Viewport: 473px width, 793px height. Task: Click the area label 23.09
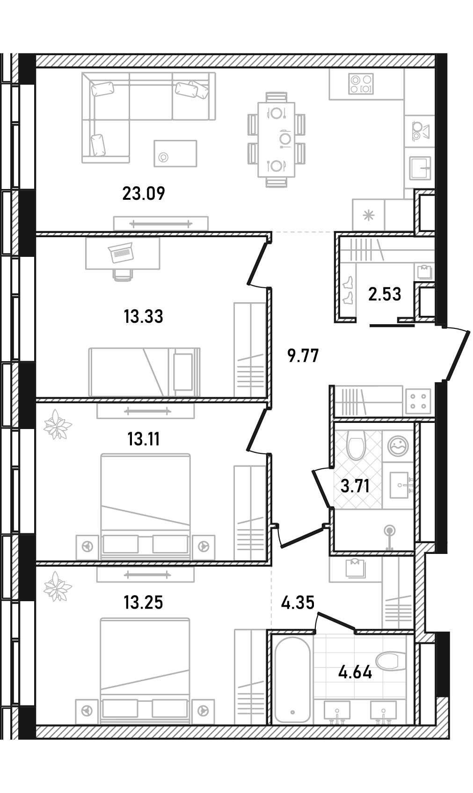tap(144, 194)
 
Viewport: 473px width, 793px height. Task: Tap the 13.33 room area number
tap(143, 316)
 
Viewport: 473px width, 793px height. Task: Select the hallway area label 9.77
tap(303, 356)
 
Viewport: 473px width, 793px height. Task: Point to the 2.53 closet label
tap(385, 294)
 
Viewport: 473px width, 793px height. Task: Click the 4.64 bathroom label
tap(355, 672)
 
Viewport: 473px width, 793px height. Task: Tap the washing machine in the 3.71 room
tap(398, 446)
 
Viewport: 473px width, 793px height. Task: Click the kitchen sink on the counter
tap(420, 168)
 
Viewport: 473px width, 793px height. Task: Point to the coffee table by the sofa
tap(175, 153)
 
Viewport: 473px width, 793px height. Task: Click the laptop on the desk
tap(121, 253)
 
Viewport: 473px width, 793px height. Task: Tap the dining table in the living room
tap(277, 139)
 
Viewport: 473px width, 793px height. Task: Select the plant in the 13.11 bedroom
tap(57, 424)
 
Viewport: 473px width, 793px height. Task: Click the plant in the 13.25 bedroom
tap(57, 587)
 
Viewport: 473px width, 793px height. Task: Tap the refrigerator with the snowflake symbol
tap(368, 215)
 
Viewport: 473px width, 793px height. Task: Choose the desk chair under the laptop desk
tap(123, 275)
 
